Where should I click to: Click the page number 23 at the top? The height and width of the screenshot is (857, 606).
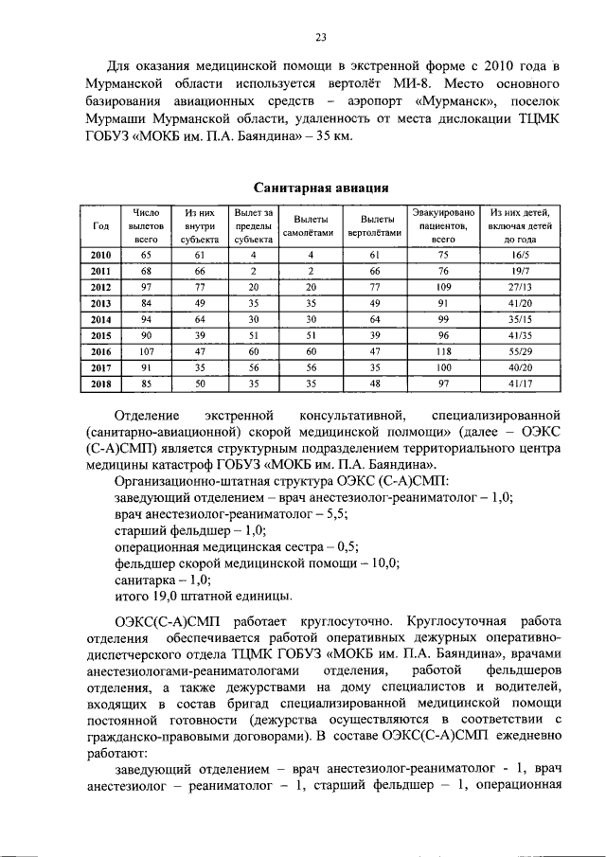click(321, 37)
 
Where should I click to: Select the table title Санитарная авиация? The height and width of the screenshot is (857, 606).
click(321, 187)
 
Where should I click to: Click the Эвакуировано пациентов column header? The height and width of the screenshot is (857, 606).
click(443, 226)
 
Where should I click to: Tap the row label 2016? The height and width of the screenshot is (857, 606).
click(100, 350)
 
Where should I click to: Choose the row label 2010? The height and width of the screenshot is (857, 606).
click(100, 256)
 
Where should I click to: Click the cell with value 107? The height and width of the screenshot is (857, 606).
click(146, 350)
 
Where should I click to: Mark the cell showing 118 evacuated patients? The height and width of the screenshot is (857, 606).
click(443, 350)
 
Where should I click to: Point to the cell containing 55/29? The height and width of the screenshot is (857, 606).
click(520, 350)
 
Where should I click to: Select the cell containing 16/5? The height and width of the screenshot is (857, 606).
click(520, 256)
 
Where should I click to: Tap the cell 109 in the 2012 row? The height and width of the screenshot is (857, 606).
click(443, 287)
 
